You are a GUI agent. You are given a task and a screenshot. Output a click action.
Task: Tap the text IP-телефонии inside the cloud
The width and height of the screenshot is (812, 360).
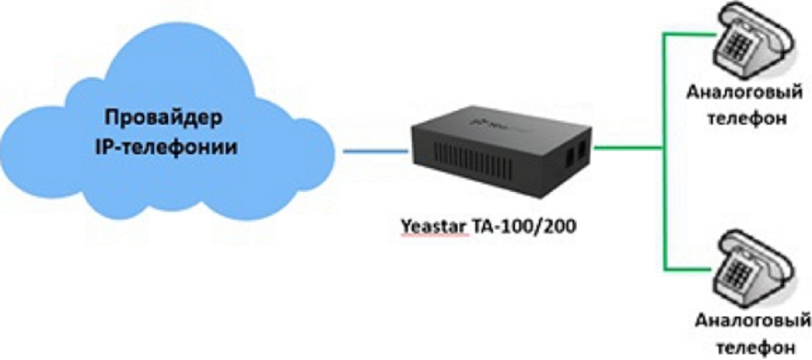166,147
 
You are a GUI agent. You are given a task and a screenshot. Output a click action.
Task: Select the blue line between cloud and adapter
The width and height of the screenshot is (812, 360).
375,152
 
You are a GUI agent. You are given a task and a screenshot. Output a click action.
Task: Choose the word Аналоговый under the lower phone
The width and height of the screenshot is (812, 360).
752,322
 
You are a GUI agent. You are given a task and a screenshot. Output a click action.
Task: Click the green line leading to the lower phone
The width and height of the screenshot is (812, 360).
687,267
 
